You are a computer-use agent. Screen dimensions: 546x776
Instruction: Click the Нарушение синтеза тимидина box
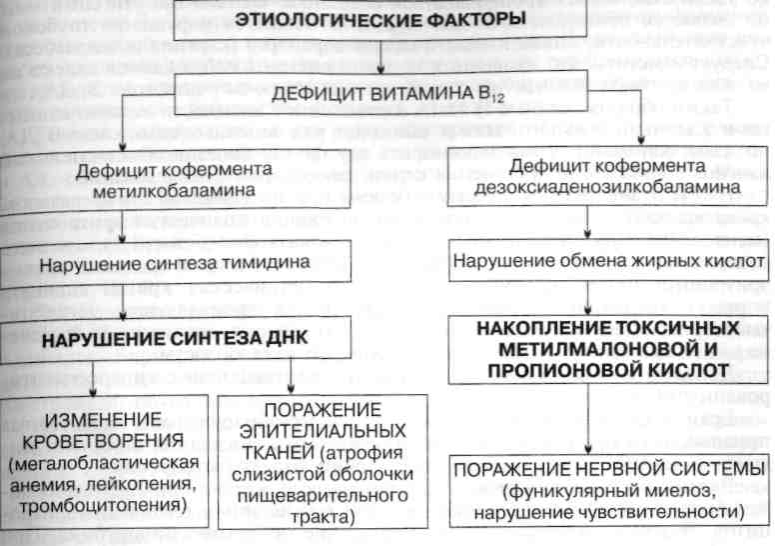(x=180, y=264)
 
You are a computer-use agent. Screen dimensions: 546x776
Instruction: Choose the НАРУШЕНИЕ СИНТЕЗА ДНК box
(x=180, y=338)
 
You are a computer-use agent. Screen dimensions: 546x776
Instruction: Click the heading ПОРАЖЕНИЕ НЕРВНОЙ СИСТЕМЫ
(x=609, y=470)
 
